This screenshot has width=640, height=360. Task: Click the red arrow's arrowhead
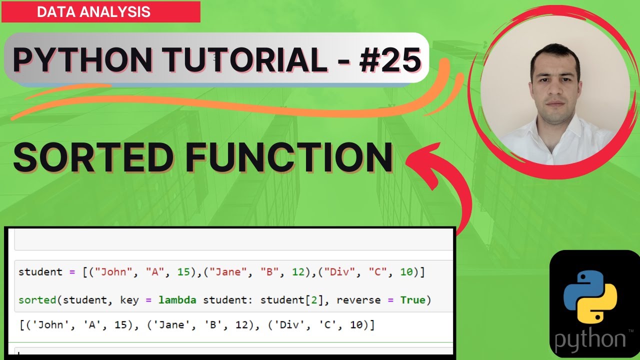pyautogui.click(x=420, y=160)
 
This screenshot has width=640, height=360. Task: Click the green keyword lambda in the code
pyautogui.click(x=177, y=300)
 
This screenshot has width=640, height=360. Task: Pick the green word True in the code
pyautogui.click(x=412, y=300)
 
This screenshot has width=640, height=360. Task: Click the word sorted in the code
pyautogui.click(x=37, y=300)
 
